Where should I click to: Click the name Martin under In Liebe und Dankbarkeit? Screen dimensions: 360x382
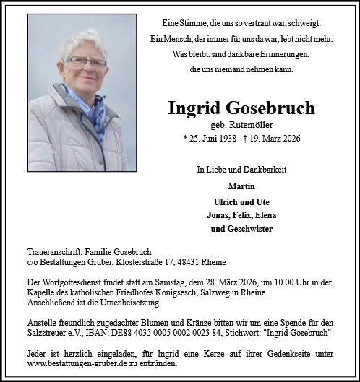[x=241, y=186]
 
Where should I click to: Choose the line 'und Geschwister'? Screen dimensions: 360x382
[x=241, y=229]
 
